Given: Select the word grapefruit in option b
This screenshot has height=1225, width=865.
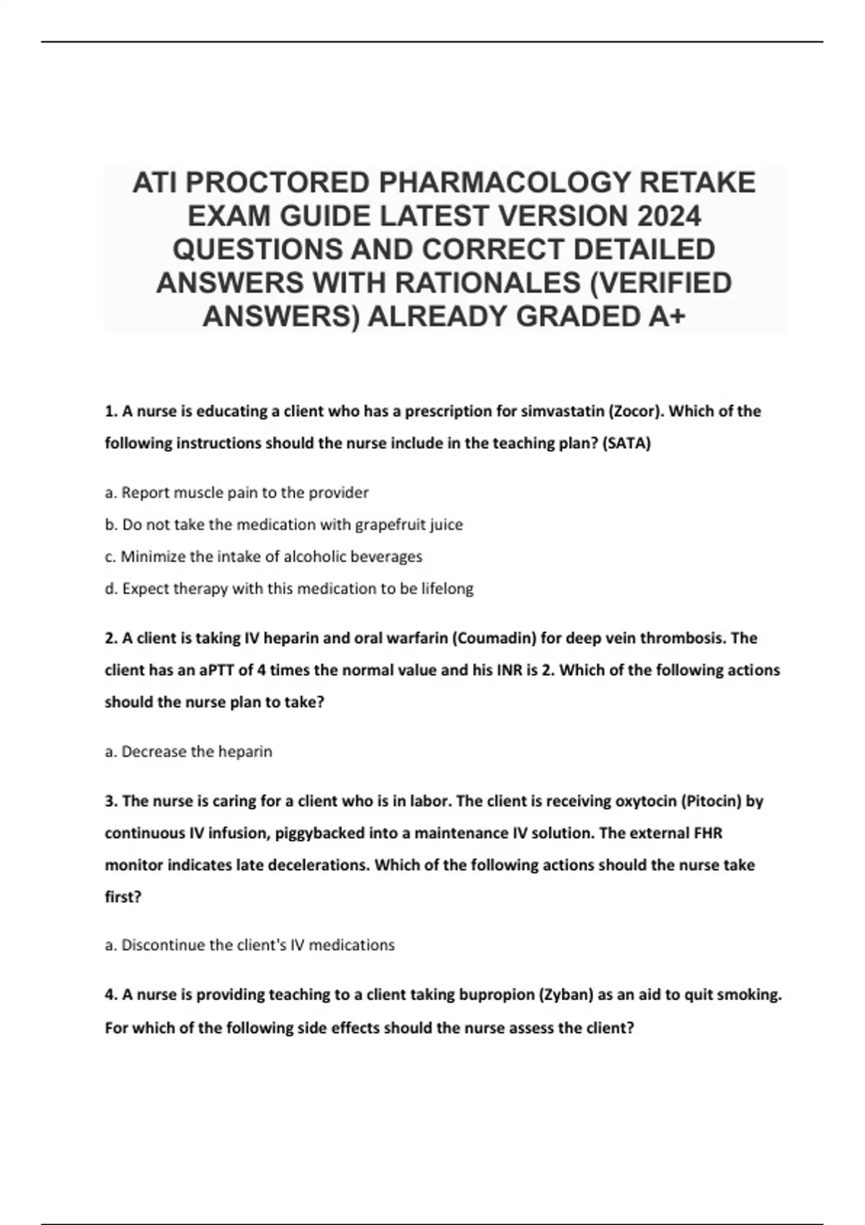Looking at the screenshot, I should click(x=390, y=525).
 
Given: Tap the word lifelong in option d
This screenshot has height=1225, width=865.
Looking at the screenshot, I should click(x=447, y=589).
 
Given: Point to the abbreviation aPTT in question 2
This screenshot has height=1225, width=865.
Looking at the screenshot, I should click(x=216, y=670).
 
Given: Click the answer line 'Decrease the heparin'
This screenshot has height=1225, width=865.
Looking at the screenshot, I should click(x=188, y=752).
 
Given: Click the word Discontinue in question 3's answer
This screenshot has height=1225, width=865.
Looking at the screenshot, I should click(x=163, y=945).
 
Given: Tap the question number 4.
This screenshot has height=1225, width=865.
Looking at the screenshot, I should click(x=111, y=995).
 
